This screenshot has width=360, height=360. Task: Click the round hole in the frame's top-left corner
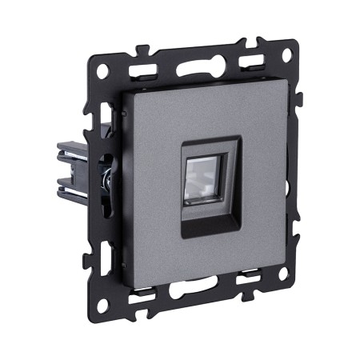pos(102,70)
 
